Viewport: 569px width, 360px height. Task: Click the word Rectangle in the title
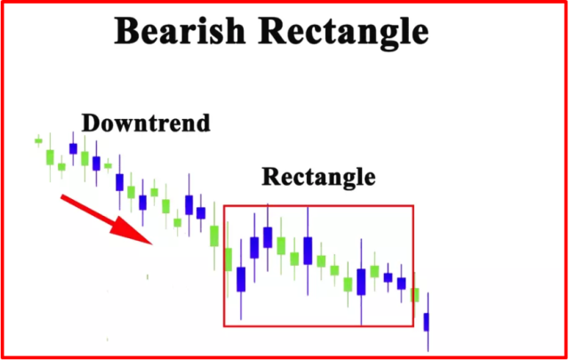(343, 33)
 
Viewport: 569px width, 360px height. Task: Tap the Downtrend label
(146, 123)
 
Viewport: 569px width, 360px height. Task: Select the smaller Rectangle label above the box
(318, 177)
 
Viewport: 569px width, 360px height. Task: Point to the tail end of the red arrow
(61, 196)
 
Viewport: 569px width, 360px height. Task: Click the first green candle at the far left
(38, 140)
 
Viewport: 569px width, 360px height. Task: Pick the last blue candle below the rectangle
(427, 322)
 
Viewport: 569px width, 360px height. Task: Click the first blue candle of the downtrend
(73, 148)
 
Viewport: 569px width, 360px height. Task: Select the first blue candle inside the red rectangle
(241, 279)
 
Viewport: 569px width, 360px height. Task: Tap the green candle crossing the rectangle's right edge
(415, 295)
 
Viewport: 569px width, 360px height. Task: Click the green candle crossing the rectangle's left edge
(228, 260)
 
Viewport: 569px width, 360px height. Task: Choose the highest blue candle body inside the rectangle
(268, 237)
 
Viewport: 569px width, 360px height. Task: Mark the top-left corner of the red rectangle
(224, 206)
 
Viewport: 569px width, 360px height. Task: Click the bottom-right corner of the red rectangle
(413, 326)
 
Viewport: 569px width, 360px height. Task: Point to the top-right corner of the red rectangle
(413, 206)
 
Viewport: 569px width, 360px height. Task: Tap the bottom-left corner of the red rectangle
(224, 326)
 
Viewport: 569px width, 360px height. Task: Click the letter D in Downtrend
(91, 123)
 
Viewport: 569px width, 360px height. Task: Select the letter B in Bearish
(127, 31)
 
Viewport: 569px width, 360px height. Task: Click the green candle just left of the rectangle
(214, 236)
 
